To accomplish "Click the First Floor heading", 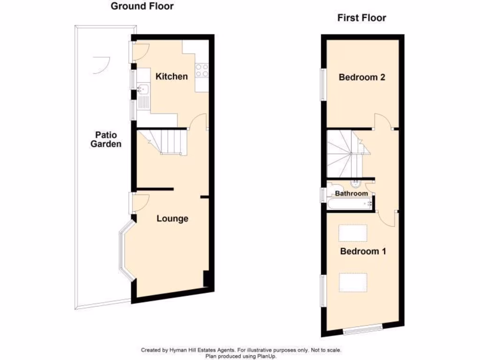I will click(361, 18).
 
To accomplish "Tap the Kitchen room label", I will click(172, 76).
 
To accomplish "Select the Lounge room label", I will click(172, 218).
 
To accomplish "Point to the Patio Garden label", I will click(105, 139).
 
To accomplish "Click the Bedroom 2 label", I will click(362, 77).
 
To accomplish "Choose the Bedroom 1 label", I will click(363, 251).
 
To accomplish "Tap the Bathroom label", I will click(351, 193).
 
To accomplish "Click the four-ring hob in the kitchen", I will click(202, 70).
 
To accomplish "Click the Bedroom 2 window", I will click(322, 84).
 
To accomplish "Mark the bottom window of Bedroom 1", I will click(361, 330).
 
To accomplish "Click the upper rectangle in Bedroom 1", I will click(353, 232).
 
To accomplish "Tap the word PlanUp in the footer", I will click(265, 356).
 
